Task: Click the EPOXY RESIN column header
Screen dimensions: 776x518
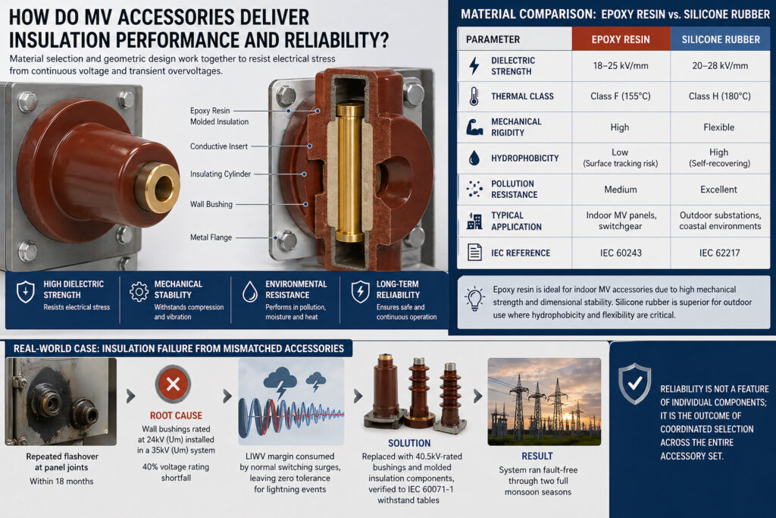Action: click(x=621, y=39)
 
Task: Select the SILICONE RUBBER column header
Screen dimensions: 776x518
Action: click(x=721, y=39)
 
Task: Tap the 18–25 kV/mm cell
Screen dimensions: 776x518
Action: click(x=621, y=65)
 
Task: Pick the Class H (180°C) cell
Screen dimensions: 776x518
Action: click(x=720, y=96)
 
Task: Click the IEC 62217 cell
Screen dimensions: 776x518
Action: click(x=720, y=253)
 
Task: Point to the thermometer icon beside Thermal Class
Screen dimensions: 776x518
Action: click(x=474, y=96)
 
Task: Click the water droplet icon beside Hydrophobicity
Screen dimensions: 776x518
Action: click(x=474, y=158)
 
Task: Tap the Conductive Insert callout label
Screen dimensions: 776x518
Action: click(x=219, y=146)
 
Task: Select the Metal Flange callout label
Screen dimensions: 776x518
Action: click(x=211, y=237)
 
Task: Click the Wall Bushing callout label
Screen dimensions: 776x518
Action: click(x=211, y=204)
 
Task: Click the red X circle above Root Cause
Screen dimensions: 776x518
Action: click(x=174, y=385)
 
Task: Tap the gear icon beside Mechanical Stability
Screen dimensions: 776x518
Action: click(x=139, y=292)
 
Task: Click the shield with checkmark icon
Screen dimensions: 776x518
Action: click(x=635, y=383)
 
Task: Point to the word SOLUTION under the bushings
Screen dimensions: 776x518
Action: click(x=409, y=443)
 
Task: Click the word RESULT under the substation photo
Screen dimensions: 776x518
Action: click(x=537, y=456)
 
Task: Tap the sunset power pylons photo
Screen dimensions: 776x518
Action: click(x=544, y=402)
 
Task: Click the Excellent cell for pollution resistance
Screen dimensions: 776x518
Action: click(x=718, y=189)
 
